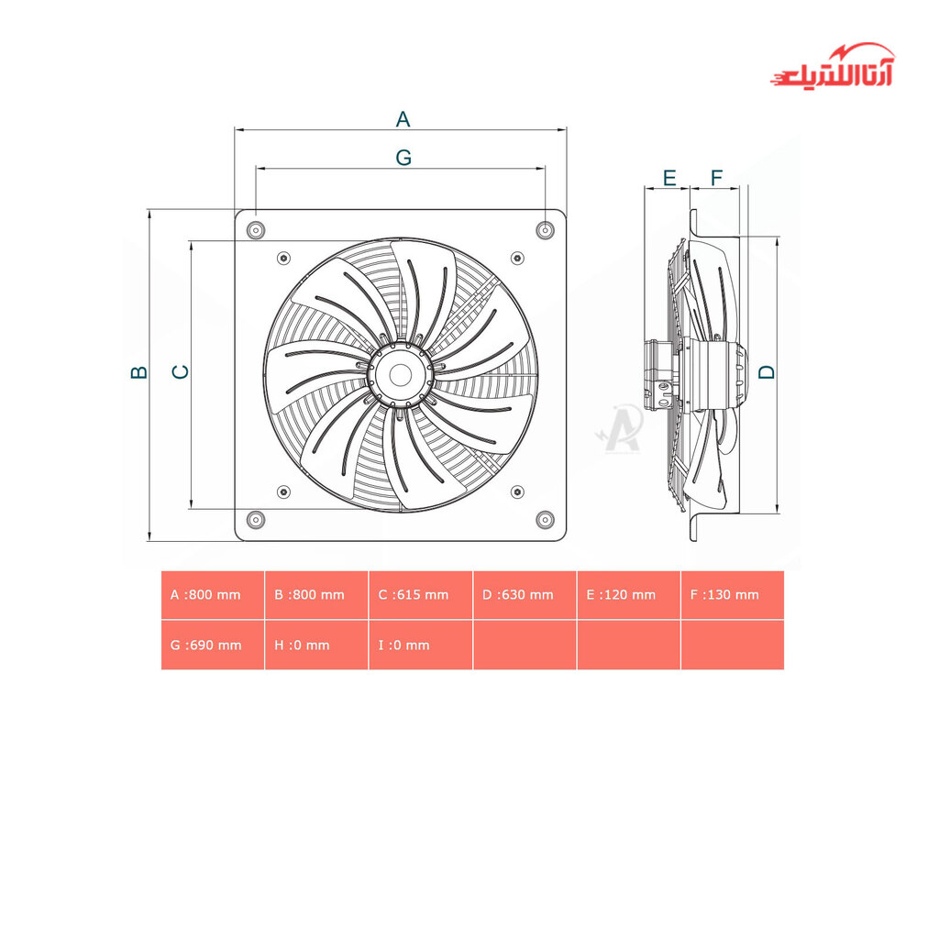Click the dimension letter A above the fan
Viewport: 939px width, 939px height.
pyautogui.click(x=403, y=119)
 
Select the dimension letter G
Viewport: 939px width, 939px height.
pyautogui.click(x=403, y=158)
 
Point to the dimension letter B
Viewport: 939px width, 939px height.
pyautogui.click(x=139, y=372)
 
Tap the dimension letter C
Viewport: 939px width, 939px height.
pyautogui.click(x=181, y=372)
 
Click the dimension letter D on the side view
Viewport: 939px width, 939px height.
pyautogui.click(x=767, y=372)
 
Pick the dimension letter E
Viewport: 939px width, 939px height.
pyautogui.click(x=669, y=178)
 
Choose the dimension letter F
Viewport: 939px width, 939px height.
pyautogui.click(x=716, y=178)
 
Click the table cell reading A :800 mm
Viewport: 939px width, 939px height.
pyautogui.click(x=213, y=594)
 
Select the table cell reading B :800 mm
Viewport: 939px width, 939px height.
pyautogui.click(x=316, y=594)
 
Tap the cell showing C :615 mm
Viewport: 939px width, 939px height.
pyautogui.click(x=420, y=594)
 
